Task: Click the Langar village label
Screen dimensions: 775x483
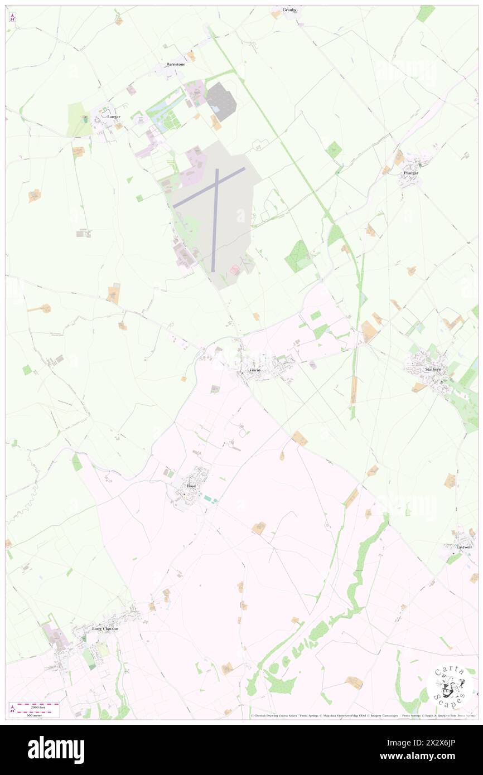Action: click(114, 117)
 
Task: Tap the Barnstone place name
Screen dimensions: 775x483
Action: click(176, 65)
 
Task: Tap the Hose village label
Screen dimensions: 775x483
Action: click(191, 486)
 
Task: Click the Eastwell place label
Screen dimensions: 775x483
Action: click(463, 548)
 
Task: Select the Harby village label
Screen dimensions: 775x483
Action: click(255, 370)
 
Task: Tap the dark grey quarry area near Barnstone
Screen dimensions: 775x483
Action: click(221, 101)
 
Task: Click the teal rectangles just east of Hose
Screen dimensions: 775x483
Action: click(210, 498)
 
